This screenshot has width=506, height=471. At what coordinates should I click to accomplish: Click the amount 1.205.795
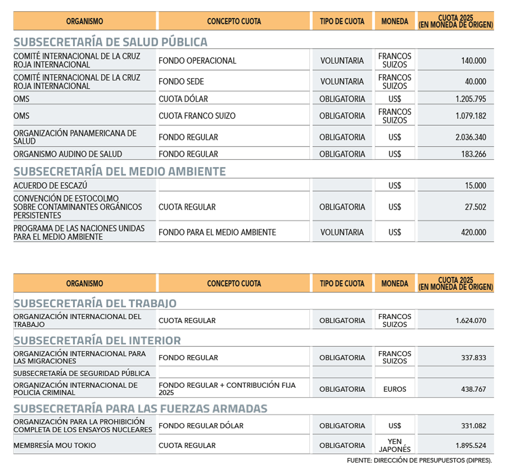[x=471, y=99]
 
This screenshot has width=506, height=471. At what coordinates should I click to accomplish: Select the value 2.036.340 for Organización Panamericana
[x=471, y=137]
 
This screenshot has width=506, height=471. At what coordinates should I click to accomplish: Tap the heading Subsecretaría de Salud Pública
[x=110, y=42]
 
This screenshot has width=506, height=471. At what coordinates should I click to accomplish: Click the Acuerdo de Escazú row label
[x=50, y=185]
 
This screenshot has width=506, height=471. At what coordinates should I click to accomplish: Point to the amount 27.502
[x=475, y=207]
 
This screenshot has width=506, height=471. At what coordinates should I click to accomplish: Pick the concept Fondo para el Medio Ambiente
[x=217, y=232]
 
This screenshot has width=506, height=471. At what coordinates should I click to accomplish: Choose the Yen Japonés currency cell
[x=395, y=445]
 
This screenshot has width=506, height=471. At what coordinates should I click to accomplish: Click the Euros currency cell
[x=395, y=389]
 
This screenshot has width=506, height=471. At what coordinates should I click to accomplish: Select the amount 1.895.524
[x=471, y=445]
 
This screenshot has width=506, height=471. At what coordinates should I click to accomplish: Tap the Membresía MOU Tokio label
[x=55, y=445]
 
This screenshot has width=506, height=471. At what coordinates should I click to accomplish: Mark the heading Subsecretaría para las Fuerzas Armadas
[x=140, y=409]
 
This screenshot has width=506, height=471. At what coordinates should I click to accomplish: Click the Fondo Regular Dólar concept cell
[x=201, y=426]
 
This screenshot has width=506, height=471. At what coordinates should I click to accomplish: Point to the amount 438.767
[x=474, y=389]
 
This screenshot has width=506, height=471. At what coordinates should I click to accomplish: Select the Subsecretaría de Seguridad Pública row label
[x=82, y=373]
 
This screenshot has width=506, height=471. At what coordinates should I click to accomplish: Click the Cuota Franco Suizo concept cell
[x=197, y=116]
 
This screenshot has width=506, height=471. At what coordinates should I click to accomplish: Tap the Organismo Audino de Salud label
[x=68, y=154]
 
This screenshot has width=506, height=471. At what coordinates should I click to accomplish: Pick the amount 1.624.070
[x=471, y=320]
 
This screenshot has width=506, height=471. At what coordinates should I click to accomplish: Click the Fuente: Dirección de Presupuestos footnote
[x=419, y=460]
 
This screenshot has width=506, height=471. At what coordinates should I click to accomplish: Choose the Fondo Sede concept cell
[x=181, y=81]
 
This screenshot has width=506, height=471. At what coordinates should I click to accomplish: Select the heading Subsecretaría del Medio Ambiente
[x=120, y=171]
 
